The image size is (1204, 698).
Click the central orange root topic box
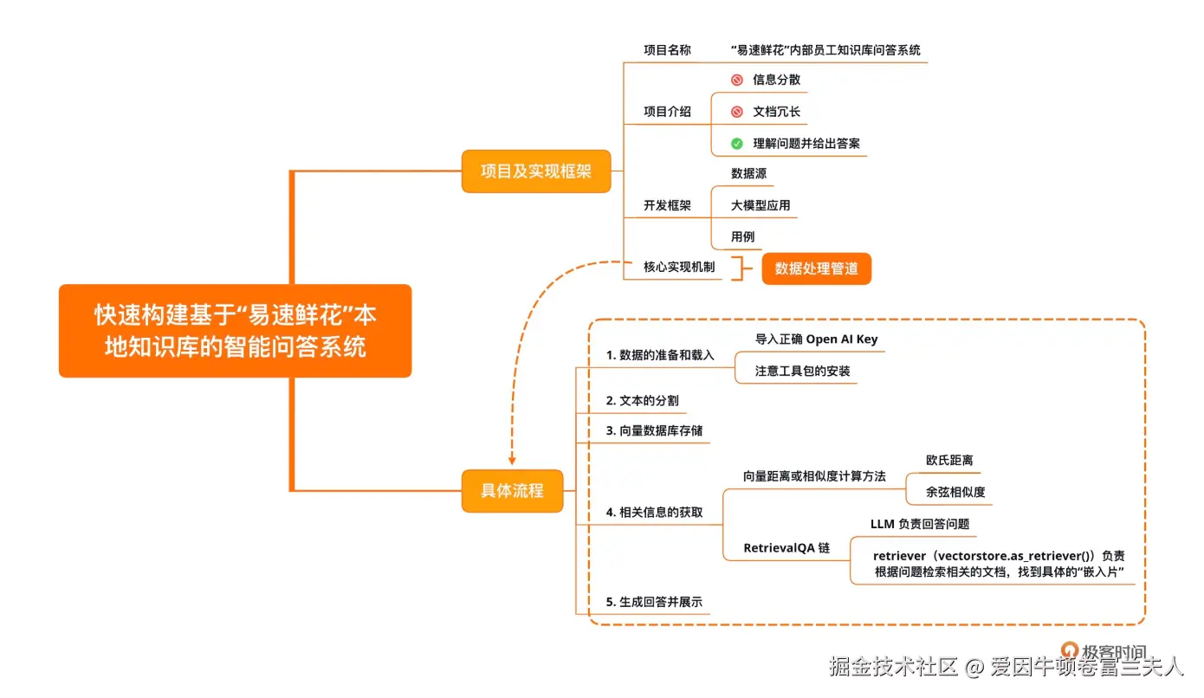[235, 331]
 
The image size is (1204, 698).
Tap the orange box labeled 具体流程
[512, 490]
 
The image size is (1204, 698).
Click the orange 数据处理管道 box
[816, 268]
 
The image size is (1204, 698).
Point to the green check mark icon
[737, 144]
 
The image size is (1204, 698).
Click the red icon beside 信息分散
[737, 80]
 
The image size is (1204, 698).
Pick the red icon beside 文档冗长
[737, 112]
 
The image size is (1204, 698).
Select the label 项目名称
[667, 50]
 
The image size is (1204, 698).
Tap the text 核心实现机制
[679, 267]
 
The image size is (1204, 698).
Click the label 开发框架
[667, 205]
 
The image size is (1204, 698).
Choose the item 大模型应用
[760, 205]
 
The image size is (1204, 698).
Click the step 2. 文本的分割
[642, 401]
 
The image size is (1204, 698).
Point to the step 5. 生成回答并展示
[654, 602]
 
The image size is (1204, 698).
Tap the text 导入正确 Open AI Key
[816, 339]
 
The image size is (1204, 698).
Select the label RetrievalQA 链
[786, 547]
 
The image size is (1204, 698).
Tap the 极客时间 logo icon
[1070, 650]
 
